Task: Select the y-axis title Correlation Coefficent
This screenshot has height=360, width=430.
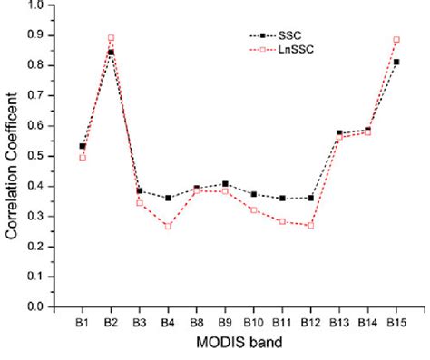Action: tap(12, 160)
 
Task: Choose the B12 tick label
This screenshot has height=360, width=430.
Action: tap(309, 323)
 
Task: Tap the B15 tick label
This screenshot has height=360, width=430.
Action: tap(396, 323)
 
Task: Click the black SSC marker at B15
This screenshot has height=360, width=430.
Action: tap(396, 62)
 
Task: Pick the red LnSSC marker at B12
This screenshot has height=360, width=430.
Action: tap(309, 225)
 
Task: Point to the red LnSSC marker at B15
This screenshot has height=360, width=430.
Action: tap(396, 40)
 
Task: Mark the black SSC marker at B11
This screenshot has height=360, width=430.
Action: tap(281, 198)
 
